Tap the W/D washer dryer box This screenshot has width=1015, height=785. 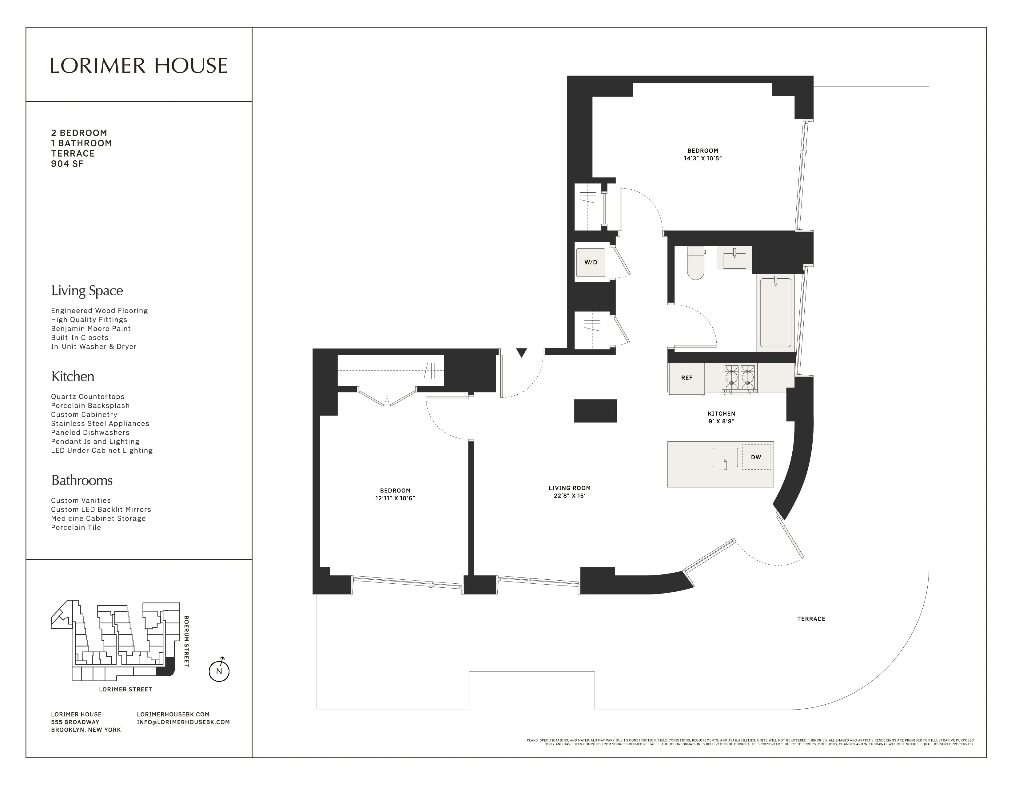[591, 262]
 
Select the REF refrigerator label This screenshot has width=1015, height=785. [687, 378]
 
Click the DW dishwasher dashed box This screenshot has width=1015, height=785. [756, 457]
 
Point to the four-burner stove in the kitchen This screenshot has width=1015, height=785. [739, 378]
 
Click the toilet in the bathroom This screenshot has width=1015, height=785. [696, 263]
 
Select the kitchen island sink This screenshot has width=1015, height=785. [725, 457]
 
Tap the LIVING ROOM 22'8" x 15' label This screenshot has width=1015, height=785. [569, 492]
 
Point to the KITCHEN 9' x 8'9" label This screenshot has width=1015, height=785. [721, 417]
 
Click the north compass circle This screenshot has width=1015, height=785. [219, 671]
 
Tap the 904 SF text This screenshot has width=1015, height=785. [67, 164]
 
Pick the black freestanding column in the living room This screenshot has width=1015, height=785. [595, 411]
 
